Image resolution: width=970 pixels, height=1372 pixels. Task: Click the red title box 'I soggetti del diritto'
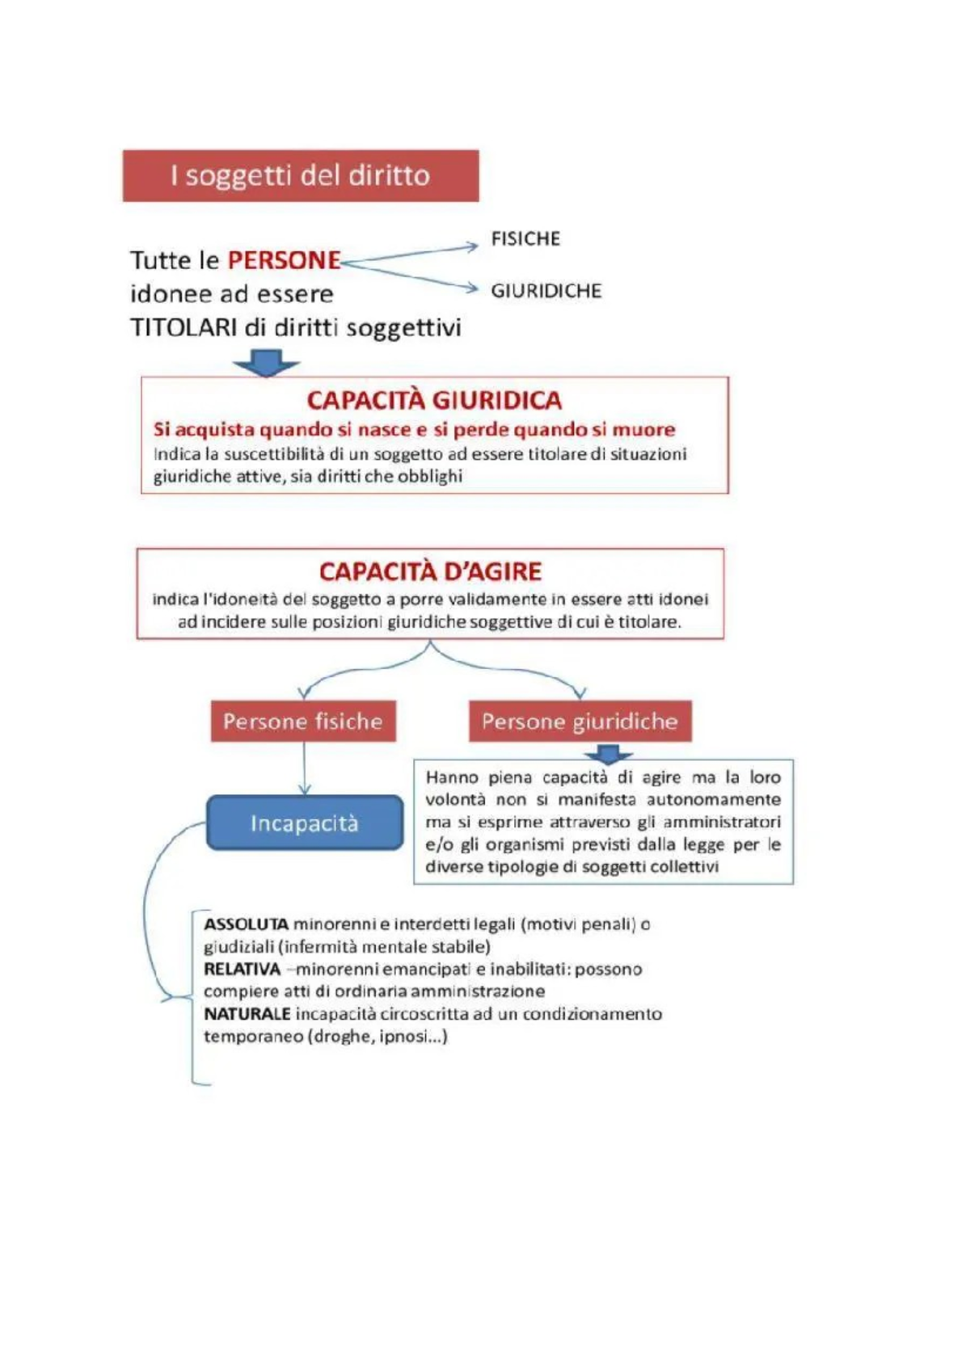[300, 175]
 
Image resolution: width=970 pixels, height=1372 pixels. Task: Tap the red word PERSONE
[284, 260]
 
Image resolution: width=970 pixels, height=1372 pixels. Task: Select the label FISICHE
[525, 238]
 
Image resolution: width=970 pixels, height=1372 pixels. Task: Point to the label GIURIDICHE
[546, 291]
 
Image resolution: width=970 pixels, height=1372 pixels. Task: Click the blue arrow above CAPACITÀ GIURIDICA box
[267, 363]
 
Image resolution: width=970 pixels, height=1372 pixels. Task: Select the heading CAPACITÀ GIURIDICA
[434, 400]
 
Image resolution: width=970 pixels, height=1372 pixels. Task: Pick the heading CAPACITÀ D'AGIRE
[430, 571]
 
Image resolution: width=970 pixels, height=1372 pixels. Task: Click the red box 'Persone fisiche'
[303, 721]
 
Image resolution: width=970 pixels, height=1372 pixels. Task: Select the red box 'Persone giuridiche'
[580, 721]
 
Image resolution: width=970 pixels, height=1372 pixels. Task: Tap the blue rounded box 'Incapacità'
[304, 823]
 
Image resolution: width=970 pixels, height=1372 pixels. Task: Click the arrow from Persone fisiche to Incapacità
[304, 768]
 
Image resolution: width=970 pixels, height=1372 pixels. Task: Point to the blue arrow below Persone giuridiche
[608, 753]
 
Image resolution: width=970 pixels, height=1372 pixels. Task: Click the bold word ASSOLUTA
[246, 924]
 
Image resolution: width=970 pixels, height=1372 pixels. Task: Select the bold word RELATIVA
[242, 969]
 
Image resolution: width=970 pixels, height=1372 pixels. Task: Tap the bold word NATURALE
[247, 1014]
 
